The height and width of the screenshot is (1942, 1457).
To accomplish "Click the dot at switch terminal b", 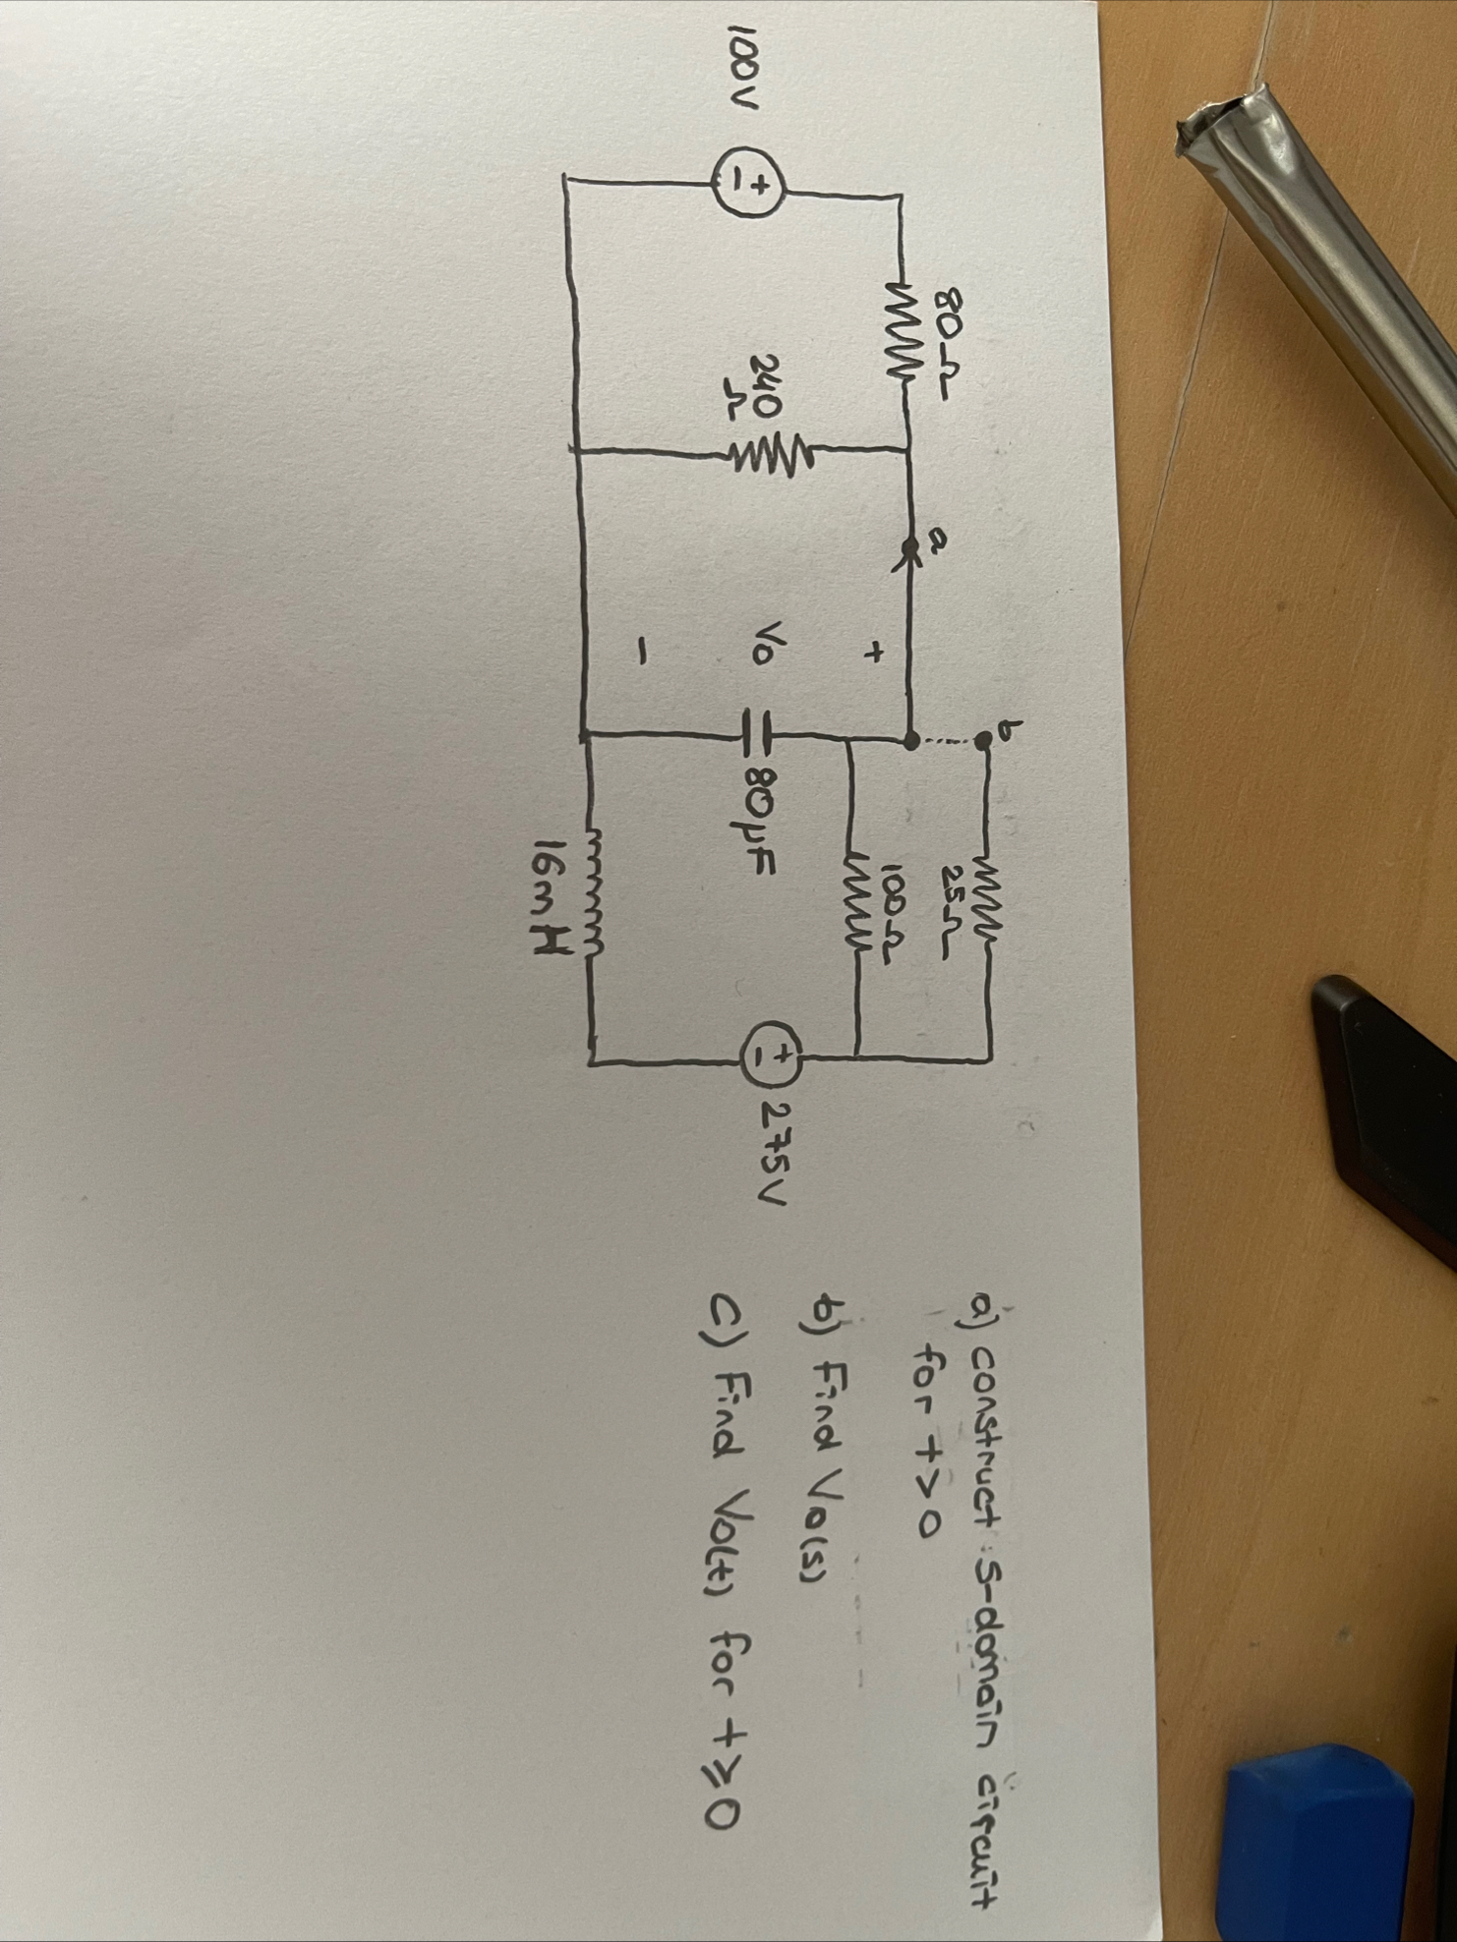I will point(979,743).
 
